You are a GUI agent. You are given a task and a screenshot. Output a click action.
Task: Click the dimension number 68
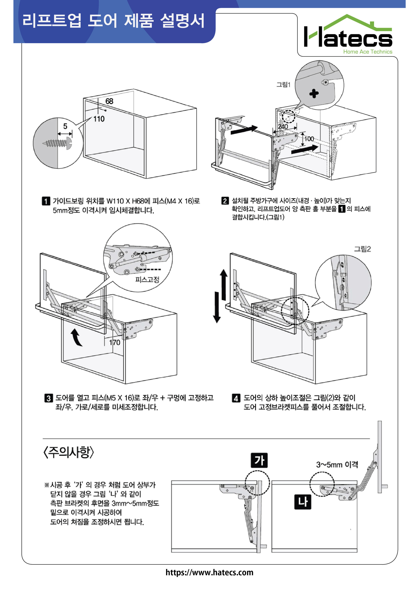click(x=109, y=101)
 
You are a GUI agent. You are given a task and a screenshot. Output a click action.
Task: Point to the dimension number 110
click(x=99, y=119)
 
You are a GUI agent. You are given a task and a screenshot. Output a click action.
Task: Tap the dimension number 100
click(x=309, y=139)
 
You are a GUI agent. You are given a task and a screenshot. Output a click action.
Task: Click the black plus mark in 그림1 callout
click(x=314, y=93)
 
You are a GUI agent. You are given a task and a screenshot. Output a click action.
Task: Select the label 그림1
click(x=283, y=84)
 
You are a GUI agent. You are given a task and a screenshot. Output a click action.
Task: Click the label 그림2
click(x=362, y=249)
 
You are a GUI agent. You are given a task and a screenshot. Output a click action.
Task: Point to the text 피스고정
click(x=147, y=279)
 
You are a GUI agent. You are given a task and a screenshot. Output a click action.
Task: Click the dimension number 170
click(x=115, y=343)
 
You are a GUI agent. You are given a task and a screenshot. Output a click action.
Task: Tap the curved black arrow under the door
click(x=76, y=337)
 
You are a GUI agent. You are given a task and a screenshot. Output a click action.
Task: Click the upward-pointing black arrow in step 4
click(x=223, y=284)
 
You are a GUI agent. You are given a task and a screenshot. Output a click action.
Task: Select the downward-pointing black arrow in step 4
click(x=217, y=307)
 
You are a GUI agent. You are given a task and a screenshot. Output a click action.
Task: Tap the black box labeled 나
click(x=302, y=502)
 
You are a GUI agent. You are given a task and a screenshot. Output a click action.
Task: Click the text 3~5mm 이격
click(x=337, y=465)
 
